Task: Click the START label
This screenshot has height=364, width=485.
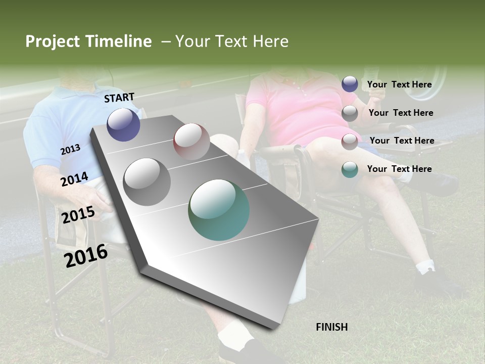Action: [x=119, y=98]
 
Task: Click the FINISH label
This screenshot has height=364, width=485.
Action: [x=331, y=327]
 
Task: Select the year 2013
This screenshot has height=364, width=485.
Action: [x=70, y=150]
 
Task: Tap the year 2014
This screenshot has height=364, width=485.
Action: [x=74, y=179]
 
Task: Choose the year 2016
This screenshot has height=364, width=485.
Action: [x=86, y=256]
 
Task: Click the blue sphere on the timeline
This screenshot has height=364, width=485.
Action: [x=123, y=124]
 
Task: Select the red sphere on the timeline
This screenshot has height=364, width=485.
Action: [x=191, y=142]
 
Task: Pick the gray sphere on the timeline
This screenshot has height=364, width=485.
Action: [x=147, y=181]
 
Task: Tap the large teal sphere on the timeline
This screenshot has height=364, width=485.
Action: [x=219, y=210]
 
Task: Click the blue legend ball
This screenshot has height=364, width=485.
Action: [x=350, y=84]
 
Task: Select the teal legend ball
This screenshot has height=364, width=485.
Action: [x=350, y=169]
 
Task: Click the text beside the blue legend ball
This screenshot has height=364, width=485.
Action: [x=399, y=84]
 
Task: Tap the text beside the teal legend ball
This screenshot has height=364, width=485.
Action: [x=399, y=169]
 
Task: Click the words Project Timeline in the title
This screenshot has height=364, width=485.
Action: [x=88, y=41]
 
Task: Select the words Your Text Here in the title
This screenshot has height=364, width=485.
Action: [x=231, y=41]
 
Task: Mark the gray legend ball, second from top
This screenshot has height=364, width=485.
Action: [x=350, y=113]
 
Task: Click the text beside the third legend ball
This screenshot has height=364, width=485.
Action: [x=402, y=141]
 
